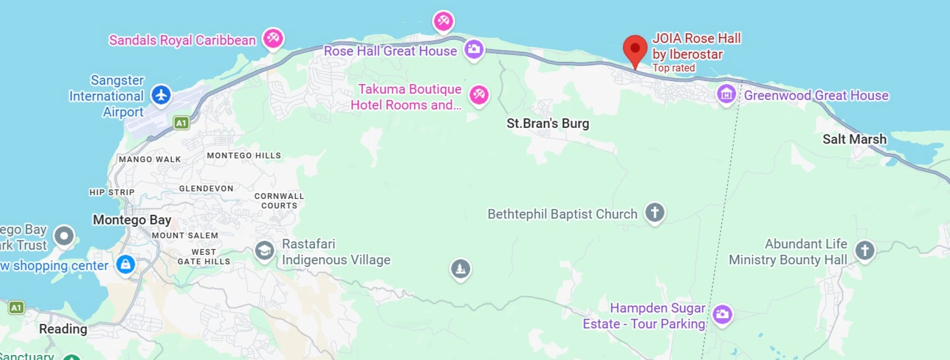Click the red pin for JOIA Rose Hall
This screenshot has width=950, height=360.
[635, 49]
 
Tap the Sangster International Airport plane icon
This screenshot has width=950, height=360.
[161, 95]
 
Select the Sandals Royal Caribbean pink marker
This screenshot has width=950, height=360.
[273, 38]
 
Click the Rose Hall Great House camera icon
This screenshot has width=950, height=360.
[474, 49]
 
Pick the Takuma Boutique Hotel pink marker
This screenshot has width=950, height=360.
[479, 95]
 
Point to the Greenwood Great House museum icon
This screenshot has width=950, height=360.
[726, 94]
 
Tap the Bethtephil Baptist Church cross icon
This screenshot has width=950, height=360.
[655, 212]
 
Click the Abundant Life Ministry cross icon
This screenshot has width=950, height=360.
[864, 250]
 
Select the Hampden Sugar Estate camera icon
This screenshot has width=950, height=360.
[722, 314]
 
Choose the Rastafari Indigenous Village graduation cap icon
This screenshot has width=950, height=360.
[264, 251]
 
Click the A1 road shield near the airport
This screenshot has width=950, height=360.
[181, 123]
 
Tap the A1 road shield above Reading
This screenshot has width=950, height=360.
[16, 308]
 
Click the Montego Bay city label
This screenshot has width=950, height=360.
[132, 220]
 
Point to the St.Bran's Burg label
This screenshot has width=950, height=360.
[547, 123]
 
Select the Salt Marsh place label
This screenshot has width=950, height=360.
[854, 139]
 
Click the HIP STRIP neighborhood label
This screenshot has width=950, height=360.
[112, 192]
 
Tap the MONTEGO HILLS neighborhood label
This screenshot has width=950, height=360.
[244, 156]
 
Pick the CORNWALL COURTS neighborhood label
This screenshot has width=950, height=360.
[279, 201]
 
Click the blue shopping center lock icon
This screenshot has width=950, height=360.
[126, 264]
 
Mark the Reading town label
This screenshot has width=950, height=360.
[63, 329]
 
